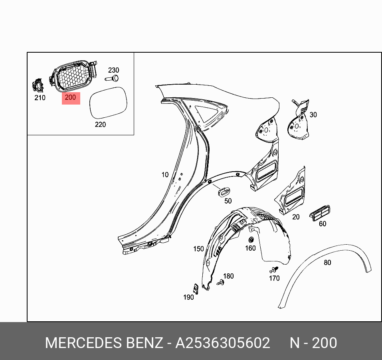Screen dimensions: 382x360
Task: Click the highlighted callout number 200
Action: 70,97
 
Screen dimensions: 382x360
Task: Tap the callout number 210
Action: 40,98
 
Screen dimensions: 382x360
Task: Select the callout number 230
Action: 114,70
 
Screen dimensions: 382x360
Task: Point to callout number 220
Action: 100,125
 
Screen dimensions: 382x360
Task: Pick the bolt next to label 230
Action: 113,78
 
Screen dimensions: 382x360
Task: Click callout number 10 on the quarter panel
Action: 165,174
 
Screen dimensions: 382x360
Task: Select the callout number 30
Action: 313,115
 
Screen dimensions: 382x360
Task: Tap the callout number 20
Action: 296,217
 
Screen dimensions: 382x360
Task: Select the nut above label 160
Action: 251,240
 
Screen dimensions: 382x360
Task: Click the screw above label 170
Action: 274,269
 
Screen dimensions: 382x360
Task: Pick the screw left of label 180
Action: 220,282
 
